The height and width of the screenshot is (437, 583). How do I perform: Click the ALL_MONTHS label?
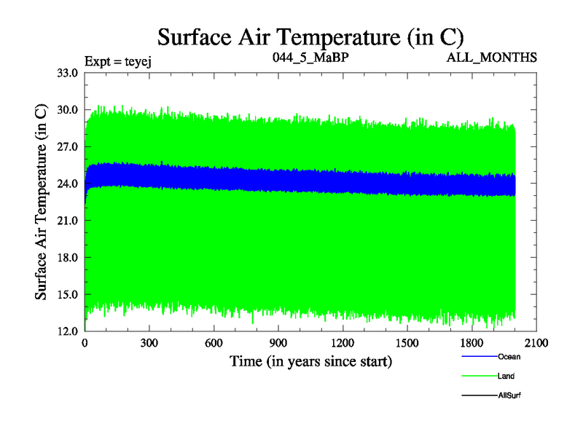tap(492, 57)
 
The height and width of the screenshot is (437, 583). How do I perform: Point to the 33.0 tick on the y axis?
tap(67, 72)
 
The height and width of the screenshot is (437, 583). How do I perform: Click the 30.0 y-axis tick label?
tap(67, 109)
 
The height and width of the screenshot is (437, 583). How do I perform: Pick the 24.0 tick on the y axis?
tap(67, 184)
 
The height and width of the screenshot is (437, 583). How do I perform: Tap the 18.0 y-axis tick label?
tap(67, 258)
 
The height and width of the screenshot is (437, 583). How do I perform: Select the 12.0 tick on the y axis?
tap(67, 331)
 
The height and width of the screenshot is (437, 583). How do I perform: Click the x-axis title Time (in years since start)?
tap(311, 361)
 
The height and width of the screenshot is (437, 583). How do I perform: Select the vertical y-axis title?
tap(42, 202)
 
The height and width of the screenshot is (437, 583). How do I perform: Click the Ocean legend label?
tap(509, 357)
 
